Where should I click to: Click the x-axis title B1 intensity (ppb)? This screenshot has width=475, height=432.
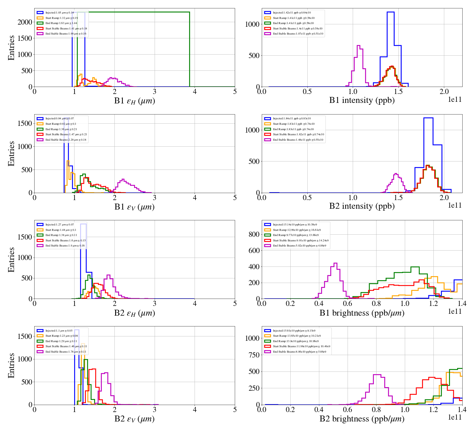click(x=362, y=100)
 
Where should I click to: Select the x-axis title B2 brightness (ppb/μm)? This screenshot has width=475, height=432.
click(x=362, y=419)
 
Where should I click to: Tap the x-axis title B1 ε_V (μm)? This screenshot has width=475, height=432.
click(x=134, y=207)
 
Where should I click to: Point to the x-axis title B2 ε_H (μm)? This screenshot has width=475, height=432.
click(x=134, y=313)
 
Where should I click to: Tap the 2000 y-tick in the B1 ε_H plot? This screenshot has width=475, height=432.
click(x=25, y=22)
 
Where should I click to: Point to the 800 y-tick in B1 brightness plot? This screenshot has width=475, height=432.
click(x=254, y=234)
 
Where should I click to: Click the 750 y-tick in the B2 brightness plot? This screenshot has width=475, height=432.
click(x=254, y=355)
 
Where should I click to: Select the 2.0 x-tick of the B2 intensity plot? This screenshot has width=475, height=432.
click(x=444, y=198)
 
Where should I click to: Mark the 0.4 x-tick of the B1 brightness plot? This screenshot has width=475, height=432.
click(x=319, y=303)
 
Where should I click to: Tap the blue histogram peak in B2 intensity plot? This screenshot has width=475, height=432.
click(x=428, y=118)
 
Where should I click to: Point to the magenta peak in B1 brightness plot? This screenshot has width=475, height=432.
click(x=335, y=263)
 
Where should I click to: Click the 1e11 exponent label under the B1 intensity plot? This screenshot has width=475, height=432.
click(x=455, y=100)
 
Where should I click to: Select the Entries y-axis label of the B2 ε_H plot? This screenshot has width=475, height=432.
click(x=11, y=259)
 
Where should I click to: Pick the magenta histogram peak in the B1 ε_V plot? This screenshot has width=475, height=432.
click(x=123, y=179)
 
